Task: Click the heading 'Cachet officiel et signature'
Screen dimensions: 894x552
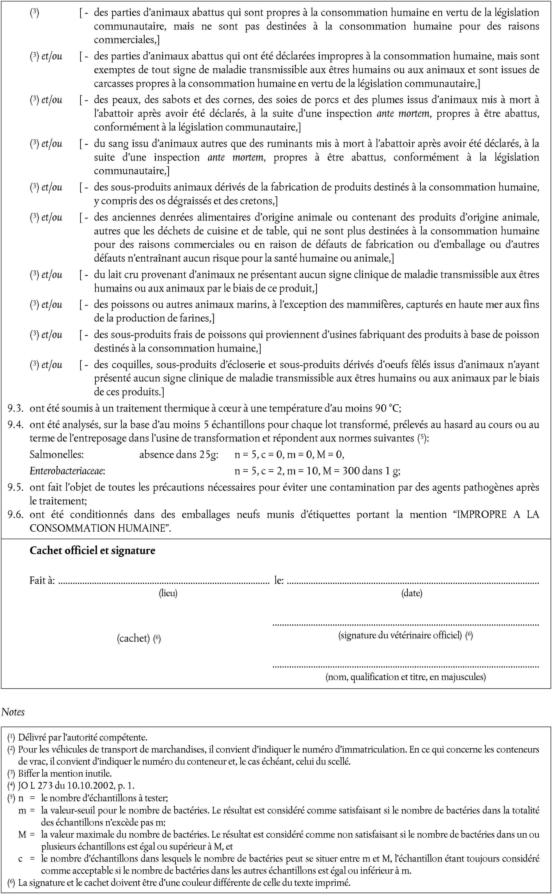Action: pos(92,550)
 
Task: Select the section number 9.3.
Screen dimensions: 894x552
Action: pos(15,408)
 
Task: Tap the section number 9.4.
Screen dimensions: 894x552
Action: pos(15,425)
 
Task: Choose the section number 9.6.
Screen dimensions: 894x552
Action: pos(15,515)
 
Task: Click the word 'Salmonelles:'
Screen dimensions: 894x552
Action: pos(57,454)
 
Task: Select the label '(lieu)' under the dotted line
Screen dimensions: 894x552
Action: pos(168,593)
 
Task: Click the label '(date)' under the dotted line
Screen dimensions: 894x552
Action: pos(412,593)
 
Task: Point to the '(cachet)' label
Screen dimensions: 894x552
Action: pos(133,638)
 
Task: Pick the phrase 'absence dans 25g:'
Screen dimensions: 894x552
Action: pos(179,454)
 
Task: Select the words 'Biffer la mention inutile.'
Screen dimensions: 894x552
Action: pos(65,773)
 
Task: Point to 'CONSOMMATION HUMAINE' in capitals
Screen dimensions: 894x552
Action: pos(97,528)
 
